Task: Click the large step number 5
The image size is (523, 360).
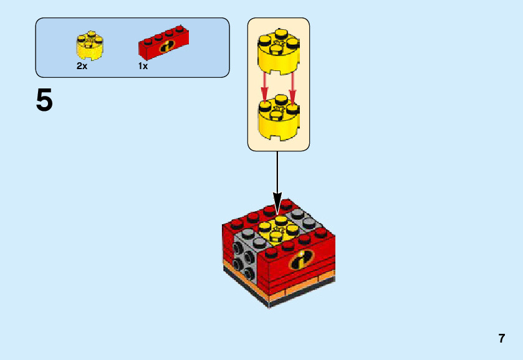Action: tap(44, 100)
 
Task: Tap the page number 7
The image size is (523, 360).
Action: tap(501, 339)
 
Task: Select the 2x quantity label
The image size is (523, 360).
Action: tap(82, 66)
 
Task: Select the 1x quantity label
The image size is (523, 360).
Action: tap(143, 66)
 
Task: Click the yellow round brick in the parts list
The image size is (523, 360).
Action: tap(90, 45)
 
